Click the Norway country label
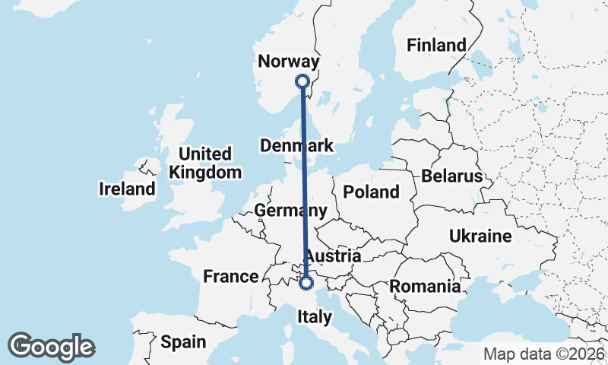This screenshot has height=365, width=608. click(289, 62)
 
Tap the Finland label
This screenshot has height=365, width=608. click(436, 45)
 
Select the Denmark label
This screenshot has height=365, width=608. click(296, 145)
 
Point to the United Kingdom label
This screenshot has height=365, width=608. click(204, 163)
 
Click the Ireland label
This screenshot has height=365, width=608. click(127, 188)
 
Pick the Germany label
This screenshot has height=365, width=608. click(291, 211)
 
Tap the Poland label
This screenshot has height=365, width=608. click(371, 192)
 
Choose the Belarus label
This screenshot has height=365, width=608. click(453, 176)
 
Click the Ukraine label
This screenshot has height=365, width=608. click(480, 236)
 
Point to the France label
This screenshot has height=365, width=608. click(231, 276)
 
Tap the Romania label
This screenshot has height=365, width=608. click(425, 287)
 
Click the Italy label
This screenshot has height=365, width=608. click(312, 316)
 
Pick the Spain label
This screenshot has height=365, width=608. click(183, 342)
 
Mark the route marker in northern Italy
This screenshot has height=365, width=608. click(306, 283)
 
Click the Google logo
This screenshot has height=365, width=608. click(52, 347)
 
